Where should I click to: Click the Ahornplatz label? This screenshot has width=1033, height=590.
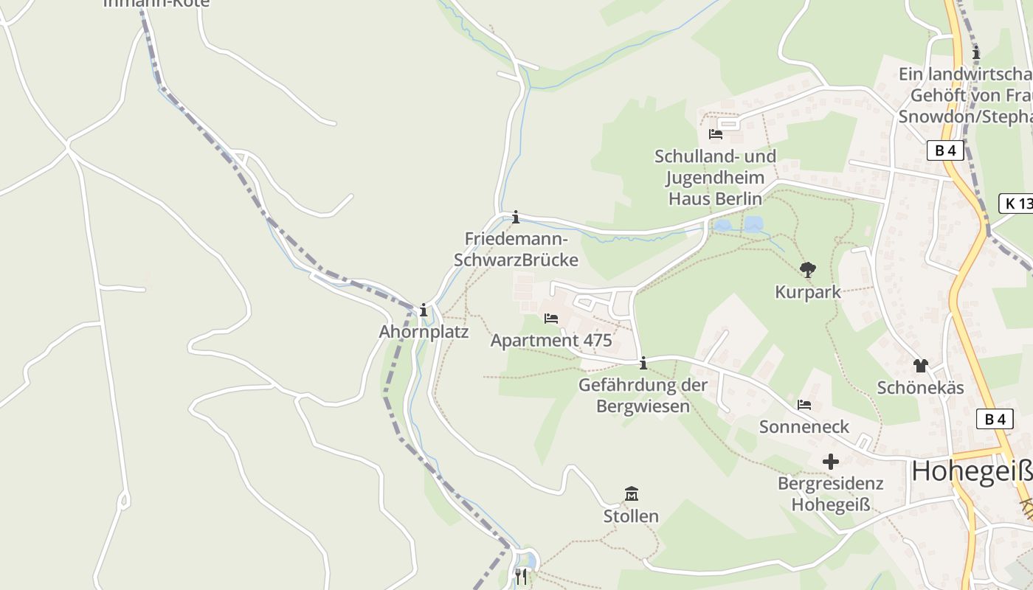pyautogui.click(x=424, y=332)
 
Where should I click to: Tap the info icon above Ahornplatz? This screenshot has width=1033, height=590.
pyautogui.click(x=424, y=310)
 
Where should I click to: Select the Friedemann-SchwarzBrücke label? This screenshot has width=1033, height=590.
pyautogui.click(x=516, y=249)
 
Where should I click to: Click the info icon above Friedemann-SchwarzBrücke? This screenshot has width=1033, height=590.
pyautogui.click(x=516, y=218)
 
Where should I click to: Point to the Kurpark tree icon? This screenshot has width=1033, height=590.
pyautogui.click(x=808, y=270)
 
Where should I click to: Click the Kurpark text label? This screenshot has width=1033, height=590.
pyautogui.click(x=807, y=292)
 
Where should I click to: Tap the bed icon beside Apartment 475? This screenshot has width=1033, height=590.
pyautogui.click(x=550, y=319)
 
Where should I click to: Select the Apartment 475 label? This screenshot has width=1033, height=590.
pyautogui.click(x=551, y=341)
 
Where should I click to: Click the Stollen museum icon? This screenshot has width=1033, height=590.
pyautogui.click(x=631, y=493)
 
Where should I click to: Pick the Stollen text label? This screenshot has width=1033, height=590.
pyautogui.click(x=631, y=516)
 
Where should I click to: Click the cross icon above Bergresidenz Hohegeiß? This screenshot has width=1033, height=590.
pyautogui.click(x=831, y=462)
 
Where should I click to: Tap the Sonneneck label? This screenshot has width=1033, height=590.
pyautogui.click(x=804, y=427)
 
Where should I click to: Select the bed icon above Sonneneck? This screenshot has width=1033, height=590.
pyautogui.click(x=804, y=405)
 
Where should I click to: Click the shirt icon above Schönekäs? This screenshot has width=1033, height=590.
pyautogui.click(x=920, y=365)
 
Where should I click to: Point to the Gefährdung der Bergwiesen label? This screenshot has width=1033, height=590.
pyautogui.click(x=643, y=395)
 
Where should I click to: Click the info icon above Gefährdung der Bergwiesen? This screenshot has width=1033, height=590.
pyautogui.click(x=643, y=363)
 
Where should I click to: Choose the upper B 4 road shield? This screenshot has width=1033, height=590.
pyautogui.click(x=945, y=150)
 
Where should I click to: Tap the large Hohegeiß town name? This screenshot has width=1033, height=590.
pyautogui.click(x=971, y=471)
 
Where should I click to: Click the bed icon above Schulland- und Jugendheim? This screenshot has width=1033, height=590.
pyautogui.click(x=715, y=133)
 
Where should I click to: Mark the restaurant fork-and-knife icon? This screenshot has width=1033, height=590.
pyautogui.click(x=521, y=576)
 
